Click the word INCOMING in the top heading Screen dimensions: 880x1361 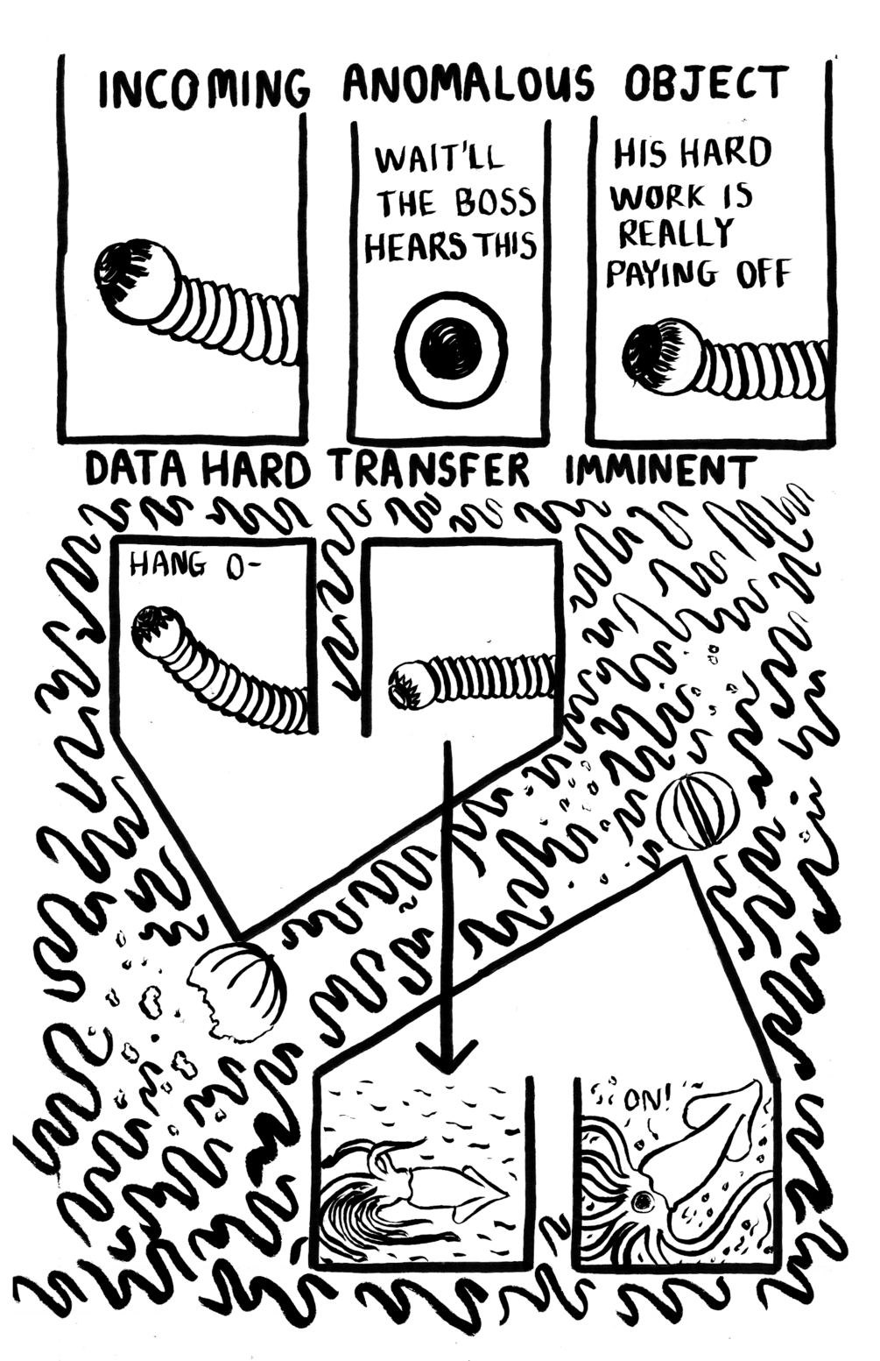[204, 89]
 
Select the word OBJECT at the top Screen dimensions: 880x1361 [705, 84]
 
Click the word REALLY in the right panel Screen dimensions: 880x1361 [676, 233]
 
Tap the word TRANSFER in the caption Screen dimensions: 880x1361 [432, 471]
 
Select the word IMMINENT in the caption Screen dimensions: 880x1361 [661, 471]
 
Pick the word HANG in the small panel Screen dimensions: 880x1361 [168, 567]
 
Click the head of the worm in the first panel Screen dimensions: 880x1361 [137, 280]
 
